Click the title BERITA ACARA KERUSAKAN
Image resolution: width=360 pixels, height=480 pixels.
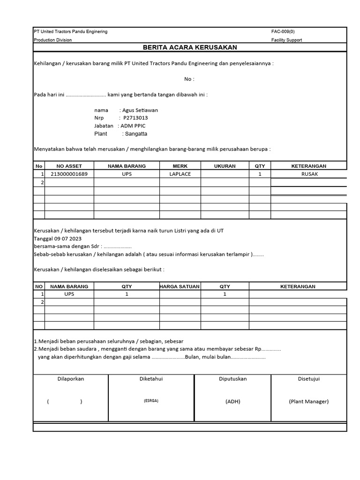190,47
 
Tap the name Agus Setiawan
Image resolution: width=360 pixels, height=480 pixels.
140,110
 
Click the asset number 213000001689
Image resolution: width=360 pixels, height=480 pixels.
69,174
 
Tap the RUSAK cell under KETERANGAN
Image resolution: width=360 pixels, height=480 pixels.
309,174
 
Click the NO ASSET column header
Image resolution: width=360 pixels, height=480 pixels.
69,166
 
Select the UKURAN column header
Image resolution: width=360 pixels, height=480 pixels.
225,166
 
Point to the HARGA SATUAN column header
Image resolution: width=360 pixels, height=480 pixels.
180,286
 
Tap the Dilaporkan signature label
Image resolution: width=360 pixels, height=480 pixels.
70,379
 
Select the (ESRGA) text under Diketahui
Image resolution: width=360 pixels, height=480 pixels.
151,401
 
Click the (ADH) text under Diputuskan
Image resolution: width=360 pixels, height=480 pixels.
232,402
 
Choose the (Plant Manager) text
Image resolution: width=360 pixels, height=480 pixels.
308,402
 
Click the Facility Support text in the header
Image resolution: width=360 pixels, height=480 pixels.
286,40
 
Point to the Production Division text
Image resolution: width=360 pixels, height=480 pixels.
52,40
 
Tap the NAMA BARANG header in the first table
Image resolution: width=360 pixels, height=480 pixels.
127,166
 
